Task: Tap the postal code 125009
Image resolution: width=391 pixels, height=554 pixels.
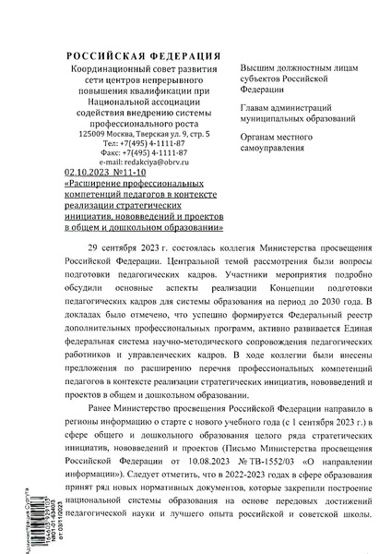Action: point(95,135)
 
